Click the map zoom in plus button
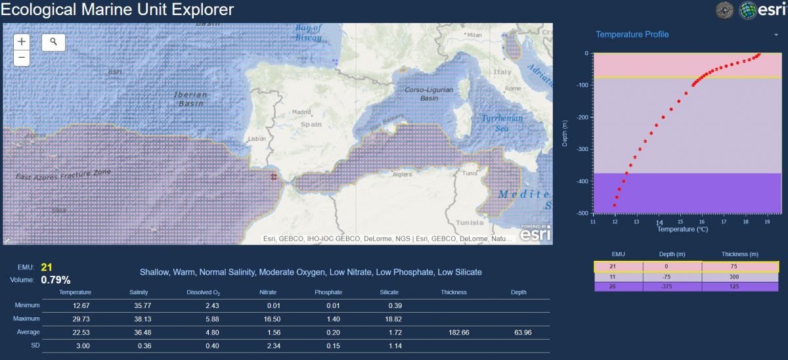(22, 41)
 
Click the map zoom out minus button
(22, 58)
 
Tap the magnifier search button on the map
(54, 42)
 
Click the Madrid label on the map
(301, 112)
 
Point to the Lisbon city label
(257, 139)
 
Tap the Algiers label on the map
(401, 174)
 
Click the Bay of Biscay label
(309, 32)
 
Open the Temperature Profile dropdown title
(632, 34)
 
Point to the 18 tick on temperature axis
(745, 221)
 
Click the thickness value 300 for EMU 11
(740, 277)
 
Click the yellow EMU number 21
(46, 267)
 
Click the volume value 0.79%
(56, 280)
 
